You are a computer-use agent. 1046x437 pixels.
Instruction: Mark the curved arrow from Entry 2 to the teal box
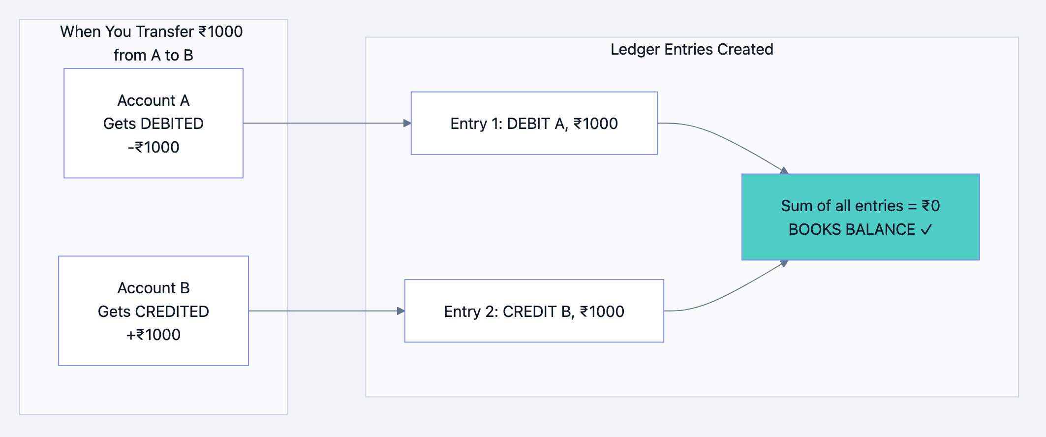coord(728,294)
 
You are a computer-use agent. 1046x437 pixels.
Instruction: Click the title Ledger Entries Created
coord(691,49)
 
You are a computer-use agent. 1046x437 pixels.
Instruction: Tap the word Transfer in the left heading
coord(164,31)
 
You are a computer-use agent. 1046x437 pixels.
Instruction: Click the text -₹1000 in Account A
coord(153,147)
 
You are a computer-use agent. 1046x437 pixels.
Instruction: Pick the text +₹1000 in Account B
coord(153,335)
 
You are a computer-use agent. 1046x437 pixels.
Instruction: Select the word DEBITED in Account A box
coord(172,124)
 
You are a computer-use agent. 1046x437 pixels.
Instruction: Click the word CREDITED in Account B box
coord(172,312)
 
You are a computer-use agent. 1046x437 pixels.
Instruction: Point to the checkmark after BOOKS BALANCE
coord(926,230)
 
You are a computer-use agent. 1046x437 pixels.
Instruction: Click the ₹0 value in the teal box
coord(930,206)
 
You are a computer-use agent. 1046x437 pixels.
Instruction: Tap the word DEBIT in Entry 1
coord(528,124)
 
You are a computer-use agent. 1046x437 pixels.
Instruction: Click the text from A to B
coord(153,55)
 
